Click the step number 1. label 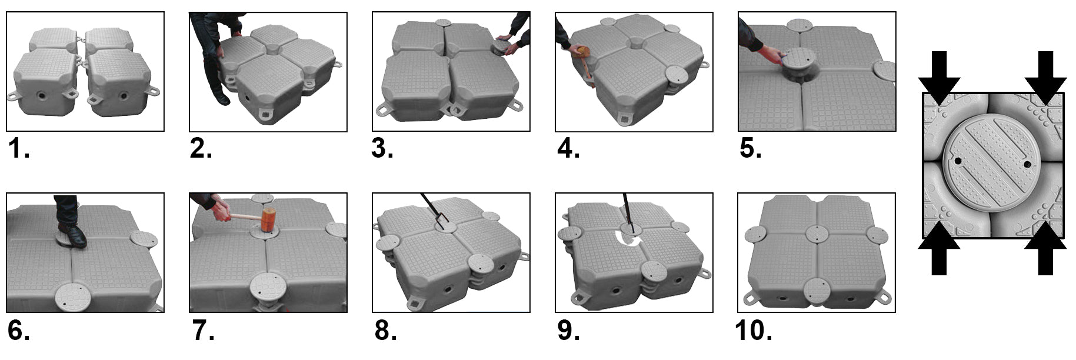point(19,150)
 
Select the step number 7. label point(203,331)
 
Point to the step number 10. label point(754,331)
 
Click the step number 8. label point(385,331)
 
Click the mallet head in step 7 point(268,219)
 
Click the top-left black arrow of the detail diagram point(939,77)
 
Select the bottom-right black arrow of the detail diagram point(1045,249)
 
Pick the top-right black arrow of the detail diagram point(1045,77)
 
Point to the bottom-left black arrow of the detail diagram point(939,249)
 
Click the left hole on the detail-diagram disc point(958,161)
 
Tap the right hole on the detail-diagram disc point(1027,164)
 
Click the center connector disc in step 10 point(817,234)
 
